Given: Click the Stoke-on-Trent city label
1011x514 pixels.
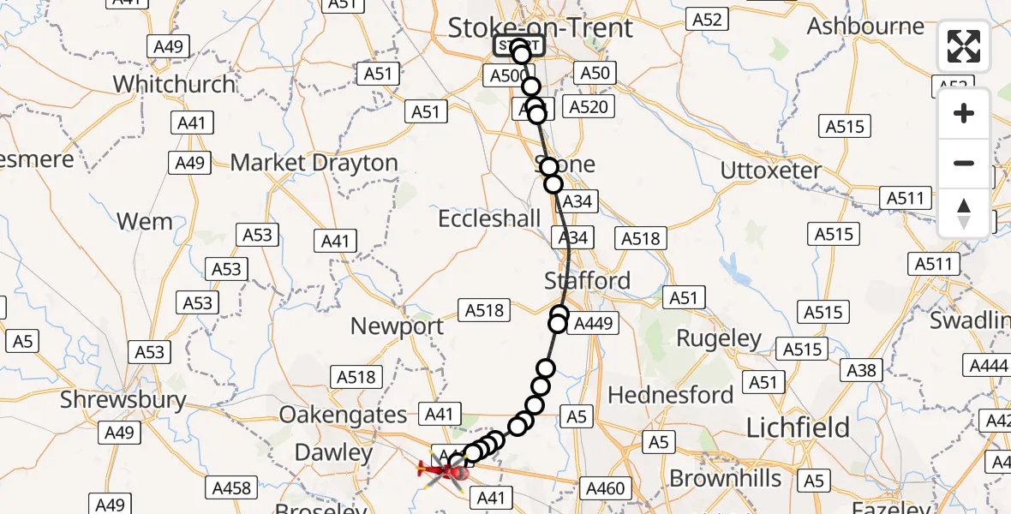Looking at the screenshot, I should coord(541,27).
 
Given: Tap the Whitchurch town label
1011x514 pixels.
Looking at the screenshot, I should coord(174,84).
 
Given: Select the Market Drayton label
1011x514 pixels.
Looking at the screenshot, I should coord(314,163).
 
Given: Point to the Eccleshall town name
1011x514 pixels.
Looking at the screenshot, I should coord(489,218).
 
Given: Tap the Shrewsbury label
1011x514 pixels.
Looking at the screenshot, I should coord(123,399).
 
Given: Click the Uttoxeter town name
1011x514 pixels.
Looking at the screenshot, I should coord(770,170).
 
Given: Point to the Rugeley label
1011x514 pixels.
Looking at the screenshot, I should coord(719,338).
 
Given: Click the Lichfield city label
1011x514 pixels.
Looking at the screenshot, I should coord(798,427).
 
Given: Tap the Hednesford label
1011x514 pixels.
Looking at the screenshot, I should coord(671,395).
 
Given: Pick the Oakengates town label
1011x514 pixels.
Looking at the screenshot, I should coord(344,415).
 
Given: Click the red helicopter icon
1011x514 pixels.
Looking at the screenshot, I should coord(443,469).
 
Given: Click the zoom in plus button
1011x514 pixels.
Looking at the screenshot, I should coord(964,113).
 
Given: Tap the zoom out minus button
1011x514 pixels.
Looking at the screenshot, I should coord(964,163).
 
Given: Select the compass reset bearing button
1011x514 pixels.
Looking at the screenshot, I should coord(964,212).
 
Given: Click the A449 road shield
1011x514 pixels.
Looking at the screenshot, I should coord(592,323).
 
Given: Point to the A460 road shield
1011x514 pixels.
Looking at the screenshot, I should coord(604,488).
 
